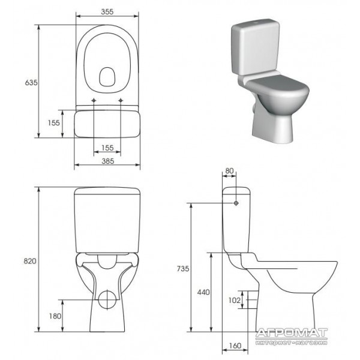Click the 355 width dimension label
(x=107, y=11)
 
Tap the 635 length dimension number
(x=31, y=82)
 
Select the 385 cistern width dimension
(x=107, y=161)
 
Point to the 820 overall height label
(x=30, y=261)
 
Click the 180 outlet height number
(x=55, y=316)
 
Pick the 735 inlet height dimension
(x=183, y=268)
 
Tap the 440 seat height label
(x=203, y=292)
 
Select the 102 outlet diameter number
(x=235, y=300)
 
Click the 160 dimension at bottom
(x=235, y=346)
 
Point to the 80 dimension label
(x=229, y=170)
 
